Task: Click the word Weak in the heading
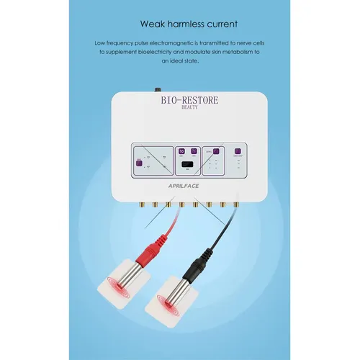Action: [150, 22]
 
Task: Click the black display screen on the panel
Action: [186, 166]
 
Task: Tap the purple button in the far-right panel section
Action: [236, 151]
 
